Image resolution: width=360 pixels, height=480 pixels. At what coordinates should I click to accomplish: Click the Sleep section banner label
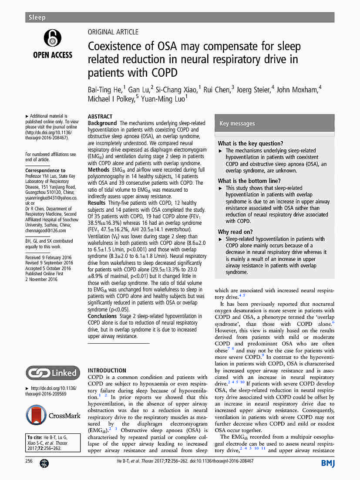click(x=37, y=17)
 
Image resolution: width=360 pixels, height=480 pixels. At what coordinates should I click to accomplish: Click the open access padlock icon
click(x=53, y=38)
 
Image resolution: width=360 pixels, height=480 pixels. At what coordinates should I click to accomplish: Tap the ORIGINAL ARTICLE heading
click(x=113, y=32)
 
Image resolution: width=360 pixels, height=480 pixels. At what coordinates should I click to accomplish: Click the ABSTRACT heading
click(x=100, y=117)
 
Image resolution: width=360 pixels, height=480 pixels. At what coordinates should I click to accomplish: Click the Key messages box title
click(x=237, y=124)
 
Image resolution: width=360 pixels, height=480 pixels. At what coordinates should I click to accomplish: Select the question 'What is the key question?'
click(x=250, y=143)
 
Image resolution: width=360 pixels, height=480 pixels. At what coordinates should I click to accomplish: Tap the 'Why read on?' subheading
click(x=235, y=232)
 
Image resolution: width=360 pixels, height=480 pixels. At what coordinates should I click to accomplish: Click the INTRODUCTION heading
click(x=107, y=370)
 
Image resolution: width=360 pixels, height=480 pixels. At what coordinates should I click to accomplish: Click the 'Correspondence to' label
click(x=45, y=170)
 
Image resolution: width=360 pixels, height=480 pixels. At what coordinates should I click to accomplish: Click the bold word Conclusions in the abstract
click(x=102, y=316)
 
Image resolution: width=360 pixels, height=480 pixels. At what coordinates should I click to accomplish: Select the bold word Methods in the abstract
click(x=99, y=169)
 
